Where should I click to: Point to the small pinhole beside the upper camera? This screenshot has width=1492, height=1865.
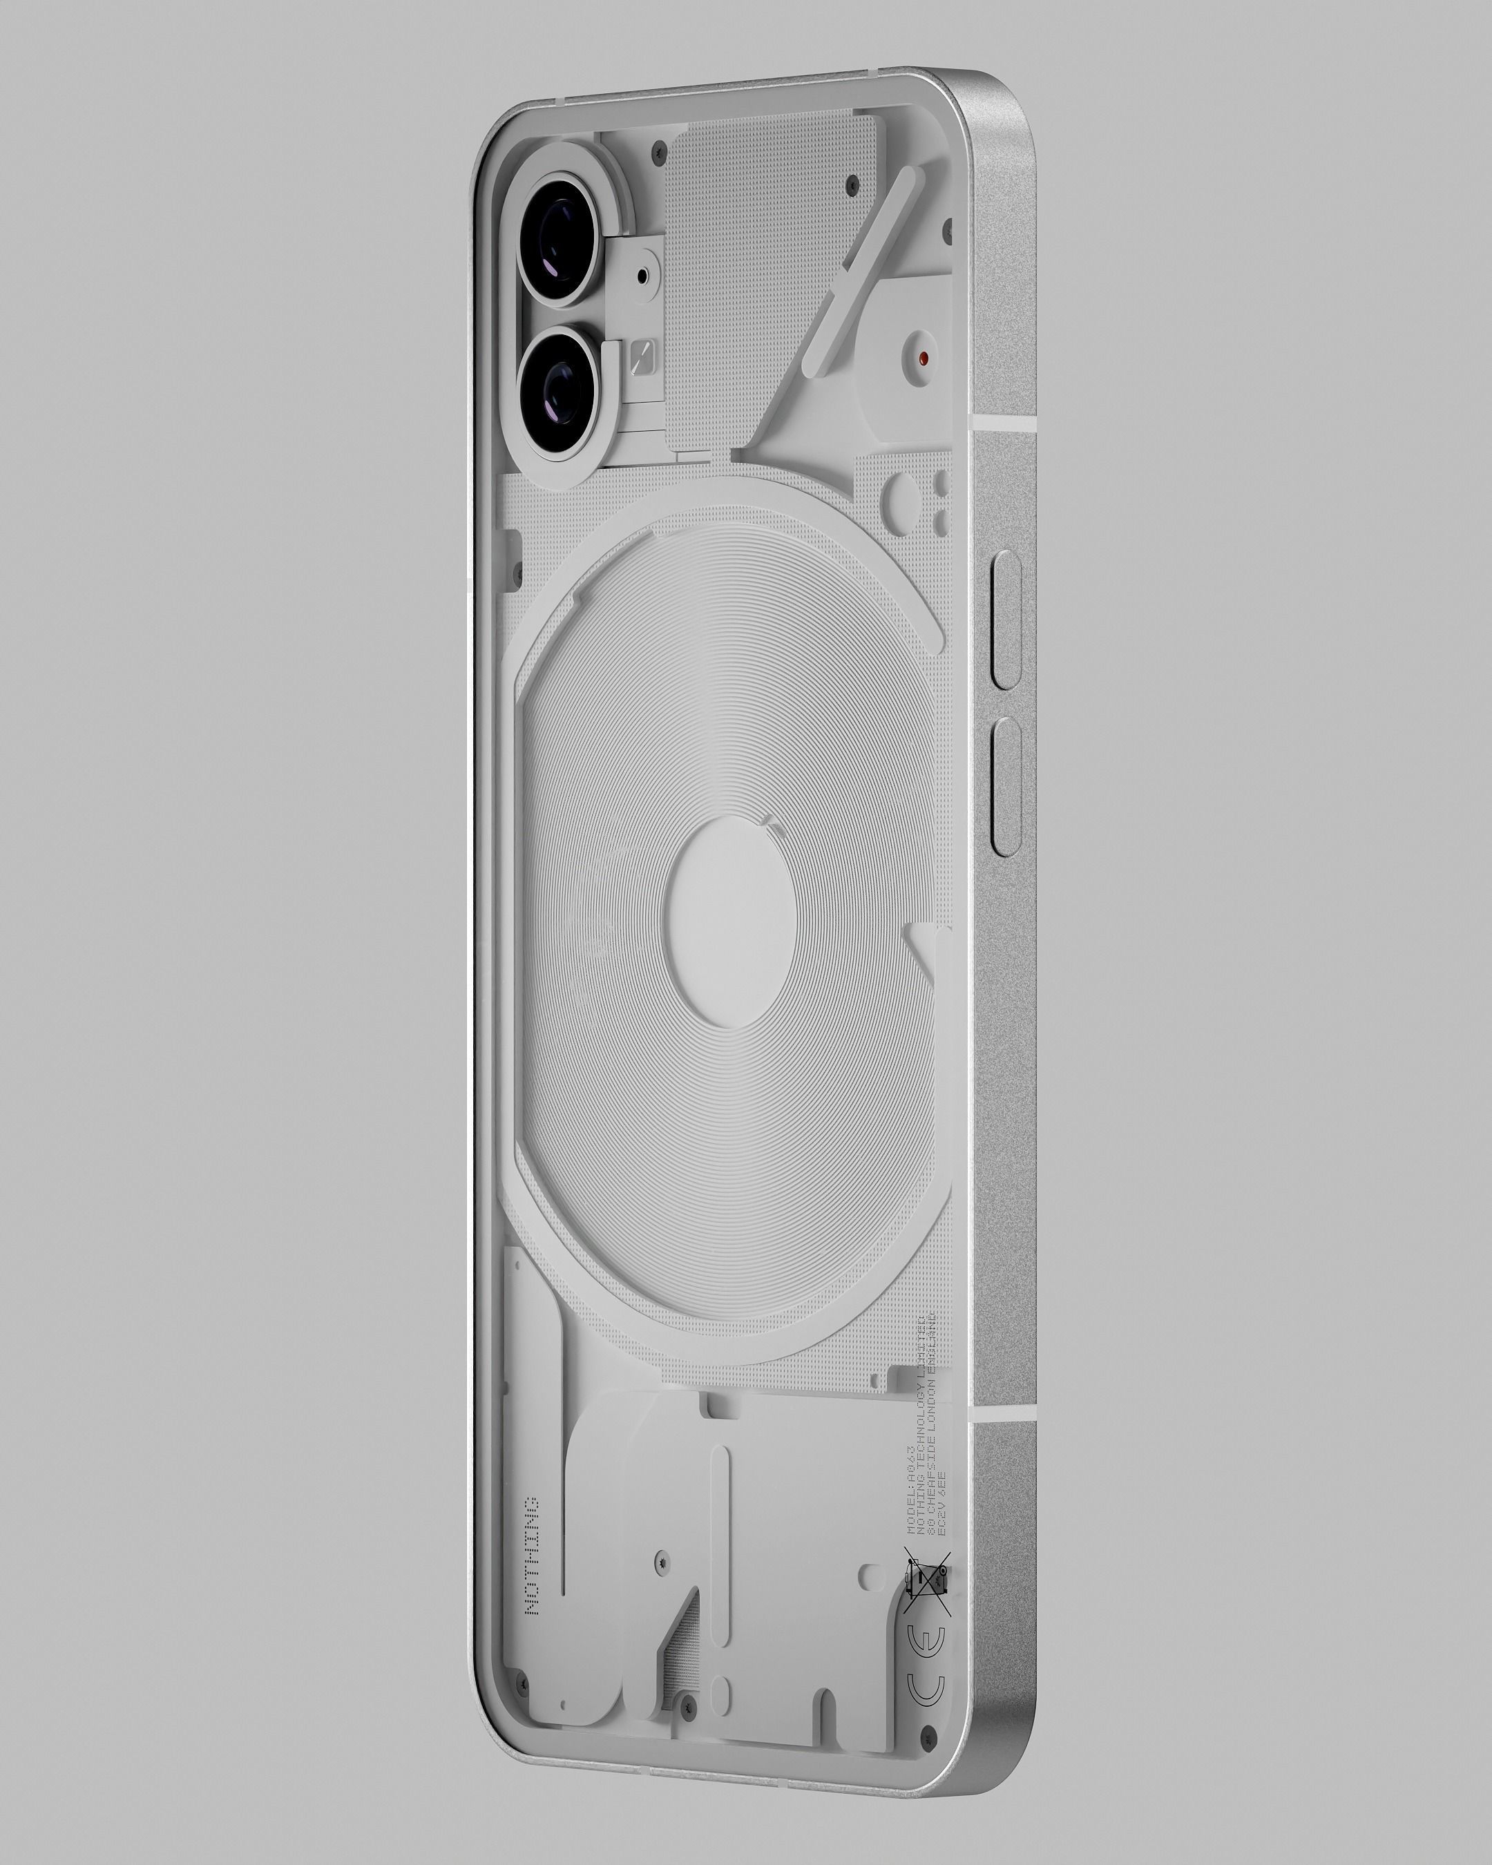coord(641,276)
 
